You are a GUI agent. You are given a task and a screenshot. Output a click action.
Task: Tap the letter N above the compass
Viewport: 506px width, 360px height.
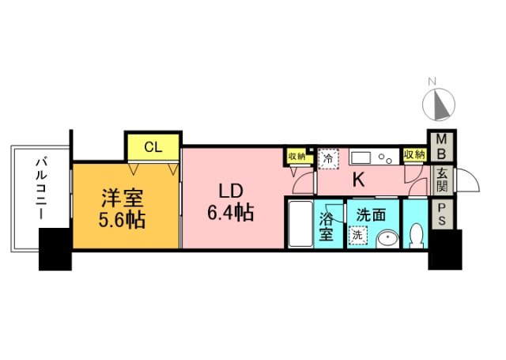[432, 81]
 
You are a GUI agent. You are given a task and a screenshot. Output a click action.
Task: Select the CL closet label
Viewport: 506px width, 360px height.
[153, 146]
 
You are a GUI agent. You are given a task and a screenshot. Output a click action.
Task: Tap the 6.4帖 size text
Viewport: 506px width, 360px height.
[232, 213]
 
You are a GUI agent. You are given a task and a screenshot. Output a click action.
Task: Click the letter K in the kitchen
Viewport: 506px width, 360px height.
[357, 180]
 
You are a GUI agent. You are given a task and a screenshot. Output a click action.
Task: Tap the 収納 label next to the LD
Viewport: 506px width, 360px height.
[296, 156]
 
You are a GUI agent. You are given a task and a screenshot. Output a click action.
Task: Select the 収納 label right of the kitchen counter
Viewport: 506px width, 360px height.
[413, 155]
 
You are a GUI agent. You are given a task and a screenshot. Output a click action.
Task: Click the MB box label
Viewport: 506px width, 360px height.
[440, 146]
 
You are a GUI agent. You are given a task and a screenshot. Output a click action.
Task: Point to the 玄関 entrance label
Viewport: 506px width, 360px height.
[440, 183]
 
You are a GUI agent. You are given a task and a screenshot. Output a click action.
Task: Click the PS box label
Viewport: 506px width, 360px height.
[440, 215]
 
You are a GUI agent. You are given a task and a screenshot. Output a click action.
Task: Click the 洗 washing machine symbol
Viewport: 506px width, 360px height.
[357, 235]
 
